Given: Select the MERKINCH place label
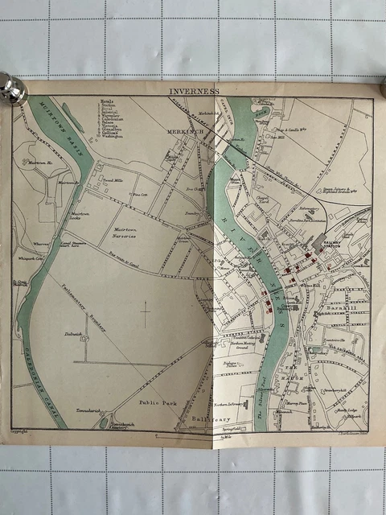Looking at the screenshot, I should [183, 132].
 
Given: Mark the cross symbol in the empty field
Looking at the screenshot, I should [146, 313].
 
